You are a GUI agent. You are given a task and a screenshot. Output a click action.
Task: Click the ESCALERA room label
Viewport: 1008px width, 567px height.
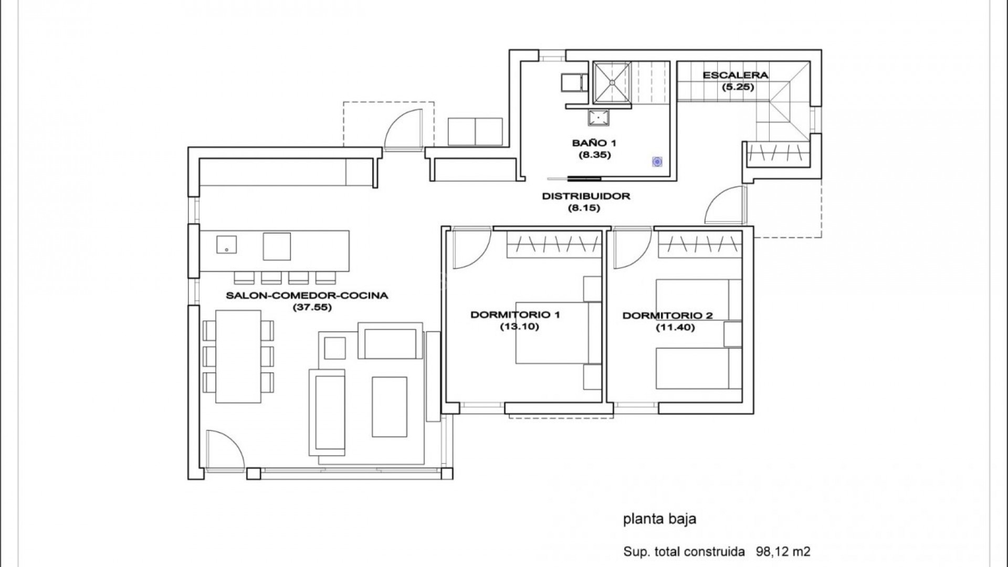click(735, 75)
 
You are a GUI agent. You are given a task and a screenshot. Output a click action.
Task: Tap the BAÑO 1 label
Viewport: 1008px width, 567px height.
click(594, 143)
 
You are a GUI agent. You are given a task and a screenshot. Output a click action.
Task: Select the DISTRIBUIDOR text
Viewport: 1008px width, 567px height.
click(585, 196)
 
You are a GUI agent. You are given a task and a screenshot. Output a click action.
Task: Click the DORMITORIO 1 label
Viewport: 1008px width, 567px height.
click(515, 315)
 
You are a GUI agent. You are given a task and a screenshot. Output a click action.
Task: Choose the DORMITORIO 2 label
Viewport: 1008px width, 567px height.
click(667, 316)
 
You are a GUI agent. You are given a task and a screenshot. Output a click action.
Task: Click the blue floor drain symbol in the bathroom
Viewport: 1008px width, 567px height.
click(657, 162)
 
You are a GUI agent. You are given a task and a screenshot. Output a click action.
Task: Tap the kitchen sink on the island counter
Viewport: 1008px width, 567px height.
click(226, 244)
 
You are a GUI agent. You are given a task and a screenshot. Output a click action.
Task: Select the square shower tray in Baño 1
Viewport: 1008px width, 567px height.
click(612, 82)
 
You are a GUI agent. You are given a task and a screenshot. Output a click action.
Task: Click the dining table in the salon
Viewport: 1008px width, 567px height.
click(238, 356)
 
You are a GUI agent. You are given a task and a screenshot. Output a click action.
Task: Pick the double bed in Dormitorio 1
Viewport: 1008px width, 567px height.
click(551, 333)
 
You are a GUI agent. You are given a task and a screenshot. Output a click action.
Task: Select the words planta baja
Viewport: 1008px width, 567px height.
click(659, 519)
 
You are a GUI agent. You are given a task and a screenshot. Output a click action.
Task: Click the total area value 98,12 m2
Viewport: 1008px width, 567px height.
click(783, 552)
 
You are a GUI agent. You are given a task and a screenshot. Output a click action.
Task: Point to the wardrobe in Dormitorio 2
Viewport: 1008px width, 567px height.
click(699, 245)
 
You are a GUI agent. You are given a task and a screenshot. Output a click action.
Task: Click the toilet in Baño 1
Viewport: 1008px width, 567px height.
click(573, 83)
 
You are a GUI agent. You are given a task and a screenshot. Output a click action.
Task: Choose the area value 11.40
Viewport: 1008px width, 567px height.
click(675, 328)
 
